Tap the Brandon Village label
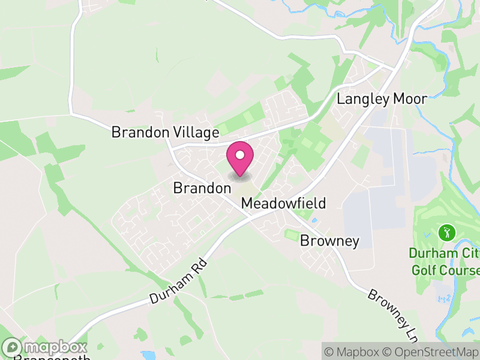point(165,133)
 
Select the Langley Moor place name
point(382,99)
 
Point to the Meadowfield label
point(283,203)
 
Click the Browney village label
point(329,241)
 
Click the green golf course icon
point(445,231)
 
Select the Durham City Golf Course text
point(445,261)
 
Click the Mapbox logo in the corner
point(45,347)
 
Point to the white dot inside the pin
point(240,155)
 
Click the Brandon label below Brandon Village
point(202,188)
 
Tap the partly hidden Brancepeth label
point(52,358)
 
